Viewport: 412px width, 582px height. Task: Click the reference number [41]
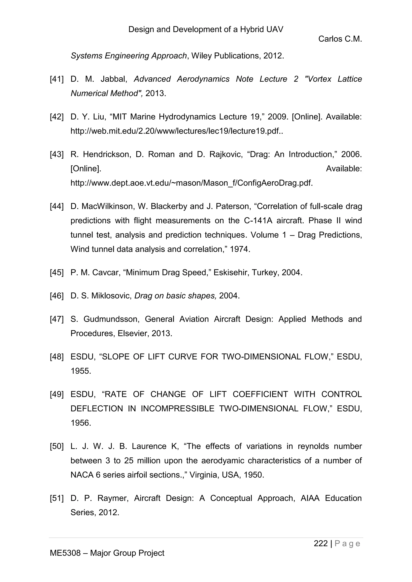point(57,79)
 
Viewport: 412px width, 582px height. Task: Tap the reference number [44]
point(57,206)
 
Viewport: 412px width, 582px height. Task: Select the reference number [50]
point(57,446)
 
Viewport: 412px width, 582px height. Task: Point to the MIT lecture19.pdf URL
point(176,131)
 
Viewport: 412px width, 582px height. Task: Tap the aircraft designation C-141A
point(258,220)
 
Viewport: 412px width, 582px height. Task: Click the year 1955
point(81,371)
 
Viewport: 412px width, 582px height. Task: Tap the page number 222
point(321,543)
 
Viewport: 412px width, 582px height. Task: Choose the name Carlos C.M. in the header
point(340,39)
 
